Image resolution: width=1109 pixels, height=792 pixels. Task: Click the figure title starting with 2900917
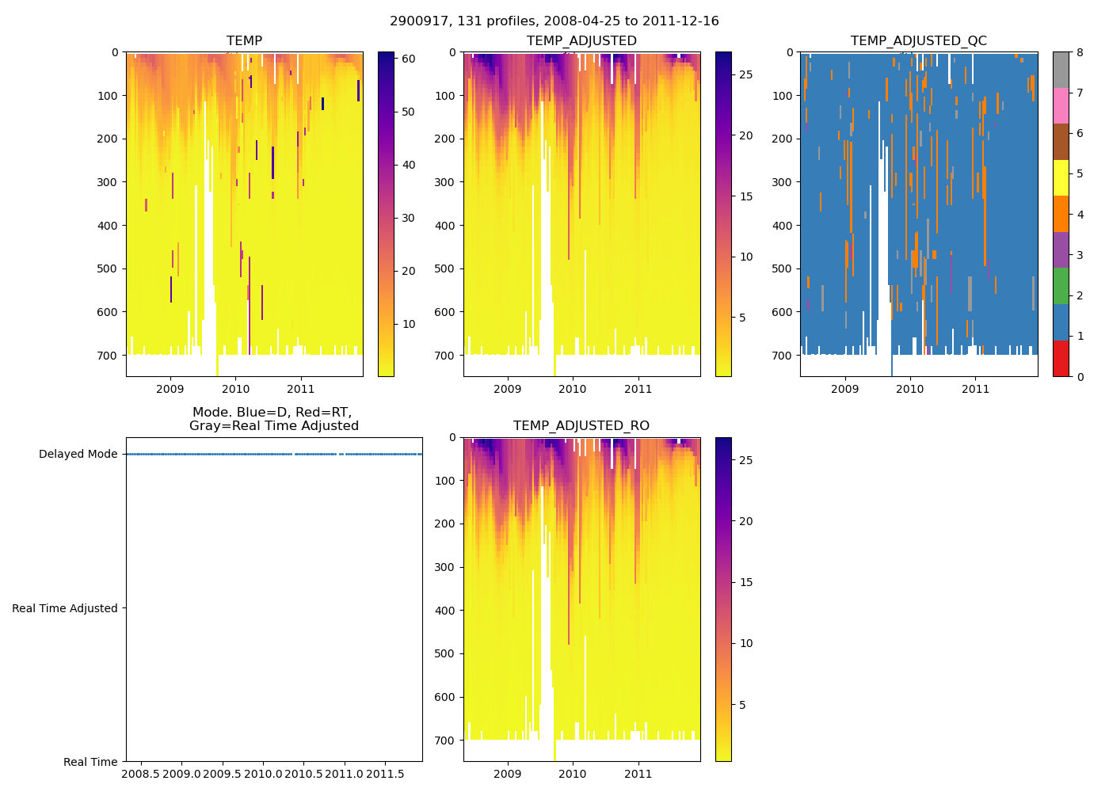(554, 21)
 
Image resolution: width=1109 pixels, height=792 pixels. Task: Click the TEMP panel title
(244, 41)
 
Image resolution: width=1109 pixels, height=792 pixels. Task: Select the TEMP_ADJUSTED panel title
(581, 41)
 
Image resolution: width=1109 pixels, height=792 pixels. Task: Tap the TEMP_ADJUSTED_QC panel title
(918, 41)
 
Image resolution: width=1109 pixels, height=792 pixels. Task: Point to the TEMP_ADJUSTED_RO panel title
(581, 426)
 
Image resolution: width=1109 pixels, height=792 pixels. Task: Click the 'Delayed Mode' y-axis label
(78, 455)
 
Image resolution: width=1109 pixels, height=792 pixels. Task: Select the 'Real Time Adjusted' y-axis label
(65, 608)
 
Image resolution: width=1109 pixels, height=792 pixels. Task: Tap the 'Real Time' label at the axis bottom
(90, 762)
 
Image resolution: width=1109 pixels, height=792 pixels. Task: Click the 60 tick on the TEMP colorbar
(409, 59)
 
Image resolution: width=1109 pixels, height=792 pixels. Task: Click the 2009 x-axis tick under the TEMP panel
(170, 389)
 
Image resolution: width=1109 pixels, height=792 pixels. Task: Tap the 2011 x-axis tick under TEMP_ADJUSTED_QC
(975, 389)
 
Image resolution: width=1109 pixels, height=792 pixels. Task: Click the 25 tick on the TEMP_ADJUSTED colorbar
(745, 74)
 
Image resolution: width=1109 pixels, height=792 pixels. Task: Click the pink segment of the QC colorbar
(1061, 105)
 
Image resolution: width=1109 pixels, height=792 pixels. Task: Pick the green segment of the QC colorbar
(1061, 286)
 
